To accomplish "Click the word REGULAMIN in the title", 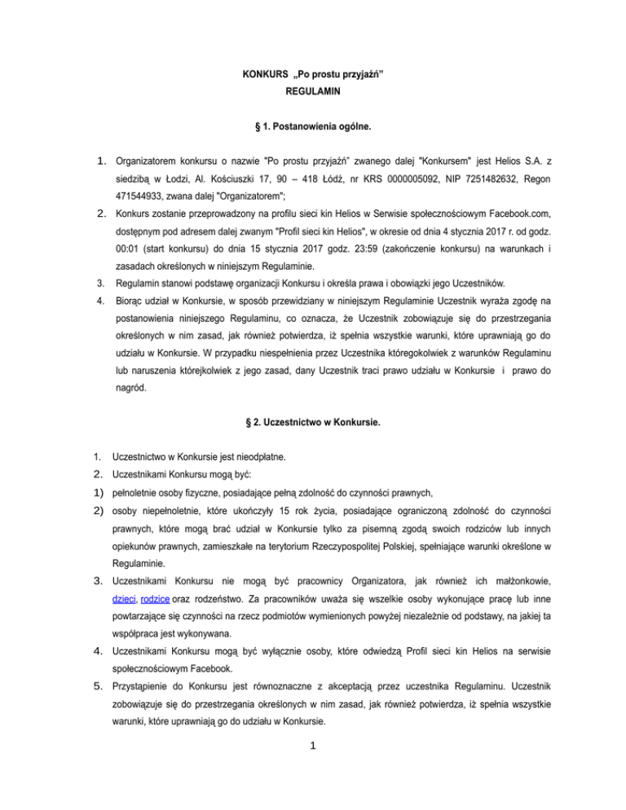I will (x=313, y=93).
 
